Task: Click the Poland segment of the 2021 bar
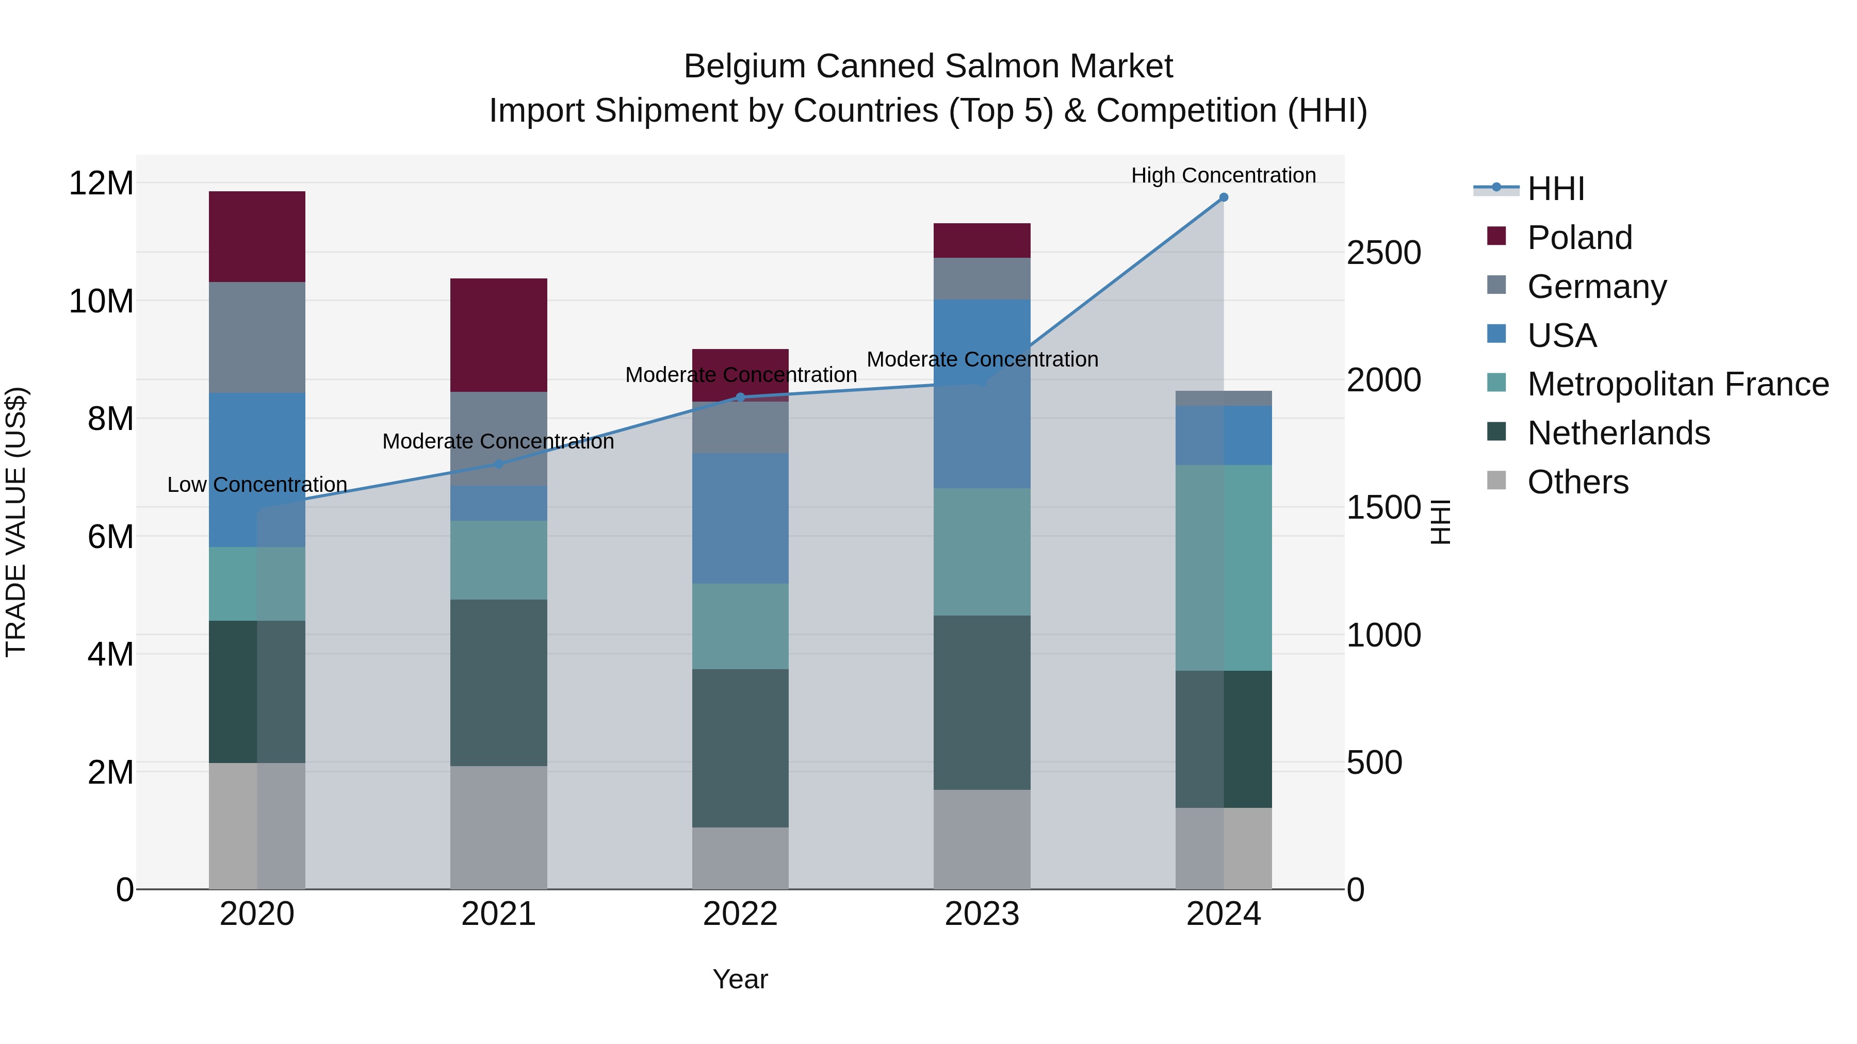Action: (x=498, y=335)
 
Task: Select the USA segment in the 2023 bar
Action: (x=981, y=393)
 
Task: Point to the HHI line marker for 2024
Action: (x=1224, y=197)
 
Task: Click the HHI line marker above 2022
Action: (x=740, y=397)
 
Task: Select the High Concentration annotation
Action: (x=1224, y=175)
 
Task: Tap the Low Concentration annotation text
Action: (x=257, y=485)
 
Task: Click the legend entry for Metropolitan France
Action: (x=1677, y=384)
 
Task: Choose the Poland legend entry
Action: (x=1579, y=238)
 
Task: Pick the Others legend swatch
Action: (x=1496, y=480)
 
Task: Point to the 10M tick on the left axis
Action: (x=101, y=301)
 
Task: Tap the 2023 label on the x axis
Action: (x=981, y=914)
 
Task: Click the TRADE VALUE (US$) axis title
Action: (x=16, y=522)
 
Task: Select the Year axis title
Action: (x=740, y=979)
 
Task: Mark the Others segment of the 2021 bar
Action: (x=498, y=827)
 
